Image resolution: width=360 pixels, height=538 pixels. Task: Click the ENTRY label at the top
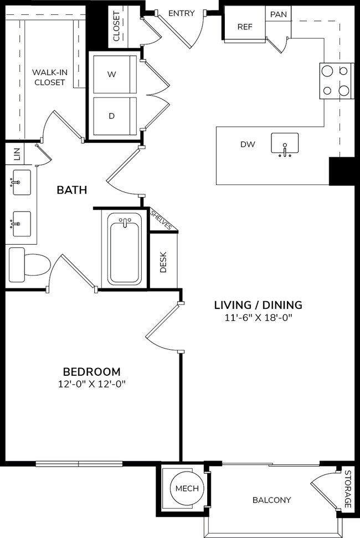click(181, 13)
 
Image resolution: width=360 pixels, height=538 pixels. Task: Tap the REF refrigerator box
click(244, 26)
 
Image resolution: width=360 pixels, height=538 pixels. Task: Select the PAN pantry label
click(278, 14)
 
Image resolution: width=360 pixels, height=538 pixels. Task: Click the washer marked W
click(112, 74)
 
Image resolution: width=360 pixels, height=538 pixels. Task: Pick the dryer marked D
click(112, 116)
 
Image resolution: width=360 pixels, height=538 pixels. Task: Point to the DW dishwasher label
click(247, 144)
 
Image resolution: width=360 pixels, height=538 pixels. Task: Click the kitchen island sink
click(285, 145)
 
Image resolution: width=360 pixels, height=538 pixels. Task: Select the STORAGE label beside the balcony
click(347, 489)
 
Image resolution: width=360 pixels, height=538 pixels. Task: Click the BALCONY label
click(271, 500)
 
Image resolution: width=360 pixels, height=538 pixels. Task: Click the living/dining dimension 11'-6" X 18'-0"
click(258, 317)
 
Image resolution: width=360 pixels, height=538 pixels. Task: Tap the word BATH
click(72, 190)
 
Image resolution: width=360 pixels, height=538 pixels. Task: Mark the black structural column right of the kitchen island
click(341, 171)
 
